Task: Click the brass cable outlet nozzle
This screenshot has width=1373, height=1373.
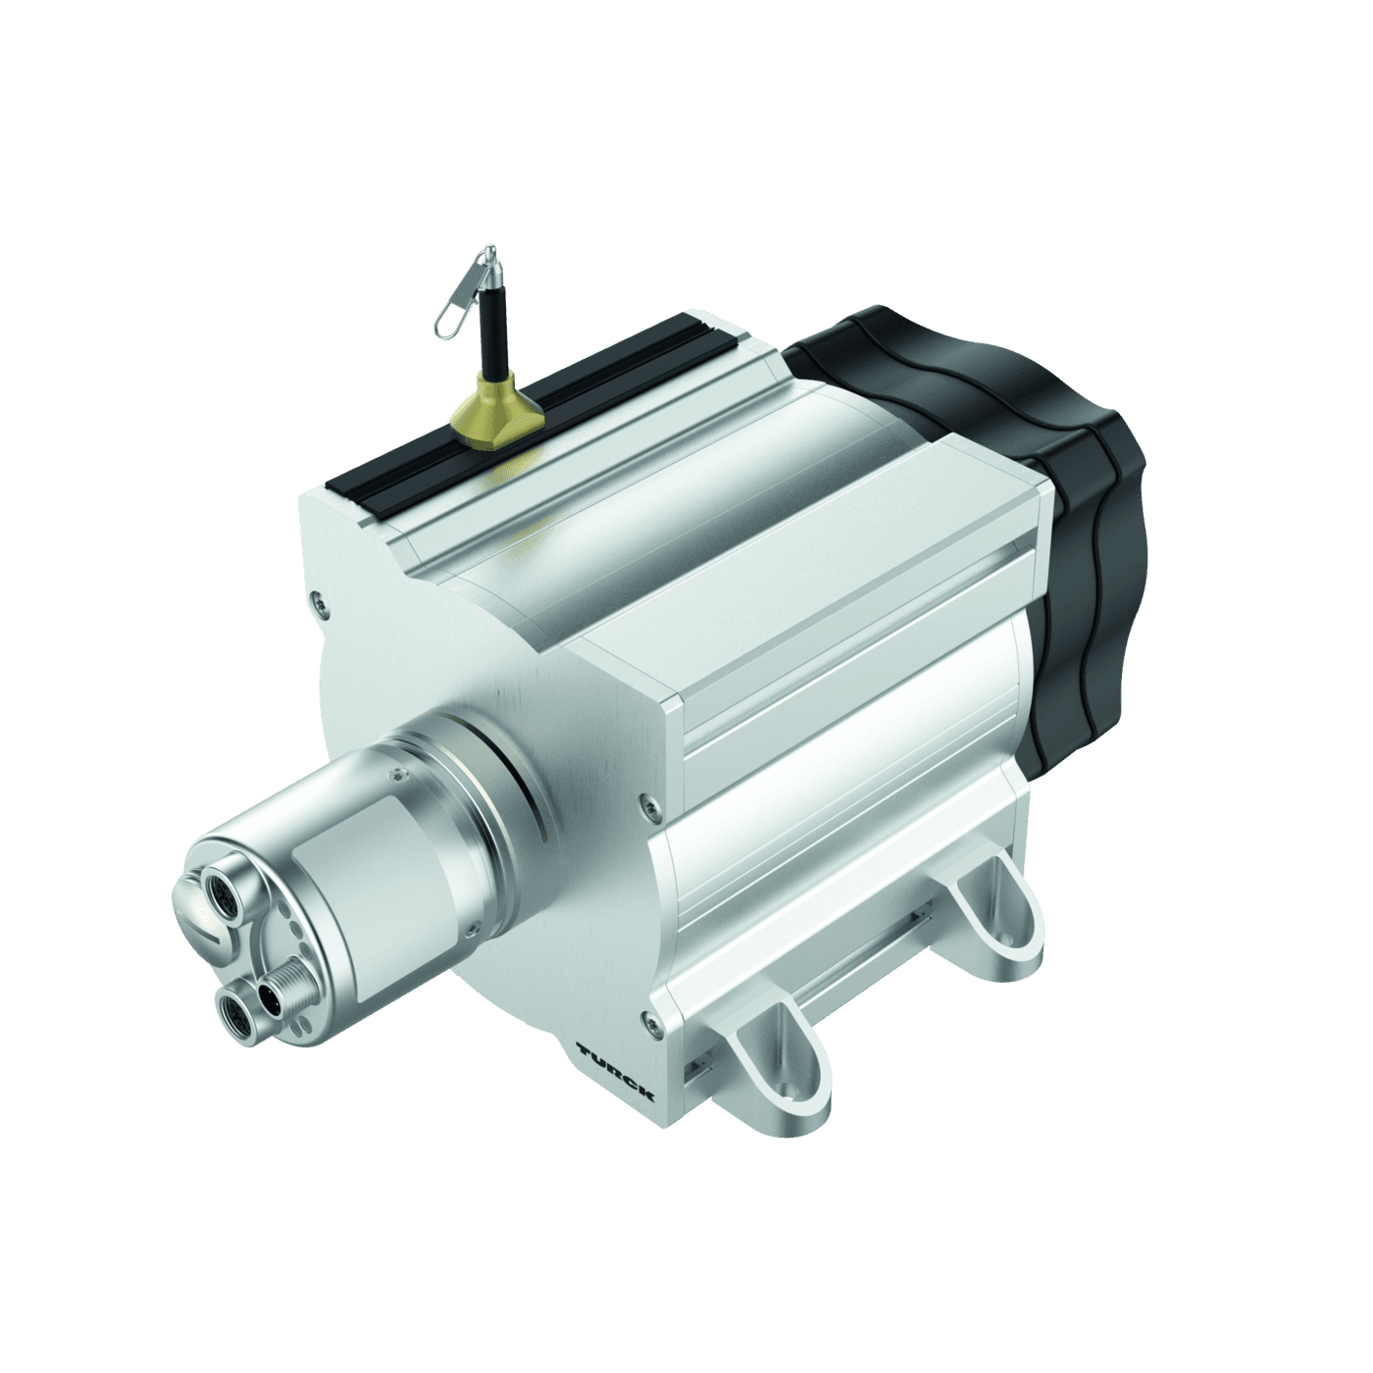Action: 495,411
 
